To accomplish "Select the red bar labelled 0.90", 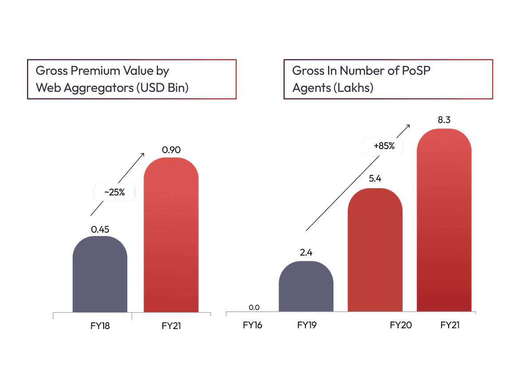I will coord(171,235).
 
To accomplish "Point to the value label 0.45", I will coord(100,229).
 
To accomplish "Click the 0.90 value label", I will coord(171,150).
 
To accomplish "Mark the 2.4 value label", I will coord(306,253).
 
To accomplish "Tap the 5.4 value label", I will coord(375,179).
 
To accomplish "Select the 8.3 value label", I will coord(444,120).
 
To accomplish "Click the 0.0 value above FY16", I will coord(254,307).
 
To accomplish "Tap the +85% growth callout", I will coord(382,146).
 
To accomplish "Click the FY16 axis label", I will coord(253,325).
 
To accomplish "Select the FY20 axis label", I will coord(401,325).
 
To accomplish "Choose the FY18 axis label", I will coord(99,326).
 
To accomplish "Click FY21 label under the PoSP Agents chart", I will coord(450,325).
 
